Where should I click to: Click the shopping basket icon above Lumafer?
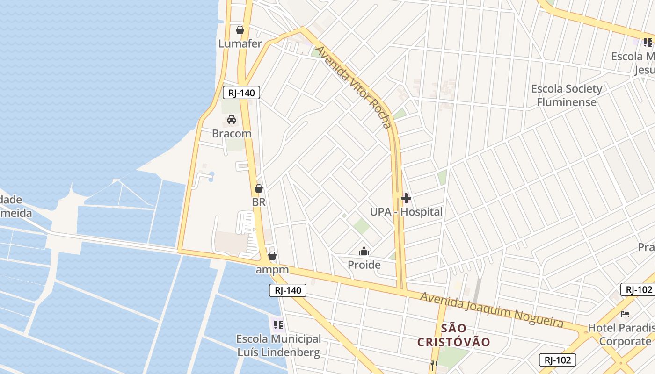[240, 30]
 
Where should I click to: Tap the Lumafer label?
[240, 43]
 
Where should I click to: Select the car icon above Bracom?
[232, 120]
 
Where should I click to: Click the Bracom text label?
[232, 134]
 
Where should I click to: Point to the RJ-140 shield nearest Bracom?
[241, 93]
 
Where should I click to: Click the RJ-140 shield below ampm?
[288, 290]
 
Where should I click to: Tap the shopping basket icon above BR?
[259, 189]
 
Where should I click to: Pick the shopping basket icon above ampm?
[272, 256]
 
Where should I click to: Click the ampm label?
[272, 270]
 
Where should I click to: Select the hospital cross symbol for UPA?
[406, 199]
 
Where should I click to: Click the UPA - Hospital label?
[406, 212]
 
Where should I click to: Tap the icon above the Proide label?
[364, 252]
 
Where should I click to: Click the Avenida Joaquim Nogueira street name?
[491, 309]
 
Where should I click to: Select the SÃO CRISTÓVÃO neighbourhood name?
[453, 335]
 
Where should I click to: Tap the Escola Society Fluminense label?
[567, 95]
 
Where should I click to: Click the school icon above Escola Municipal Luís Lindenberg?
[278, 324]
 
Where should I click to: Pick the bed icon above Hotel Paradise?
[625, 314]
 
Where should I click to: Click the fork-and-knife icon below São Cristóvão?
[434, 365]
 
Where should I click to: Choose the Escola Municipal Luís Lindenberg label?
[278, 345]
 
